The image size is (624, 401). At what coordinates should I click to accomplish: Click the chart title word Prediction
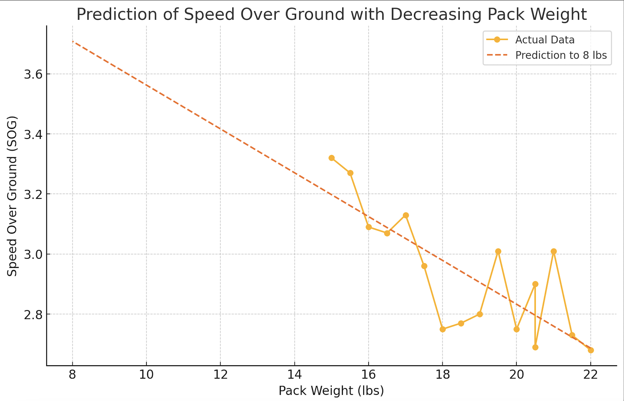click(x=117, y=14)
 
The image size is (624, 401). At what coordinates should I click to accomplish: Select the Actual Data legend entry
click(x=544, y=40)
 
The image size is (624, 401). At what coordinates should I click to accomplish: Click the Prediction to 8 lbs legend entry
click(x=561, y=55)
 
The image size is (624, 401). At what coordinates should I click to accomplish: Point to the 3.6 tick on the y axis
click(x=33, y=74)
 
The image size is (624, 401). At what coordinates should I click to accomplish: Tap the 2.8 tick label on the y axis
click(x=33, y=314)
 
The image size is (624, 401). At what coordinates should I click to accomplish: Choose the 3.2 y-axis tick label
click(x=33, y=194)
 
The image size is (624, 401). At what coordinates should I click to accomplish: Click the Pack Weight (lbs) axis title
click(x=331, y=391)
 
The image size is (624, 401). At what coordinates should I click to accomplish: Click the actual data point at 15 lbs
click(x=331, y=158)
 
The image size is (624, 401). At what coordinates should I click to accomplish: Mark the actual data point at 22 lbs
click(x=591, y=350)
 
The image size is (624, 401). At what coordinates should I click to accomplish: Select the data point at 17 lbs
click(x=406, y=215)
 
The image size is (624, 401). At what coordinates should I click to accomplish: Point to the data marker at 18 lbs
click(x=443, y=329)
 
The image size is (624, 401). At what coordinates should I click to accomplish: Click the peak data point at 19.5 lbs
click(x=498, y=252)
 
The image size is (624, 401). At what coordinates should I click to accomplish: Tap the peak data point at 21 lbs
click(x=554, y=252)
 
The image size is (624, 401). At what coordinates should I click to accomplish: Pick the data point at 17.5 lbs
click(x=424, y=266)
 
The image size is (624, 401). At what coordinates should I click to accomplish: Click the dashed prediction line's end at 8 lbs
click(x=73, y=41)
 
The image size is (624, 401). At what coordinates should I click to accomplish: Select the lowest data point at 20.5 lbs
click(x=535, y=347)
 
